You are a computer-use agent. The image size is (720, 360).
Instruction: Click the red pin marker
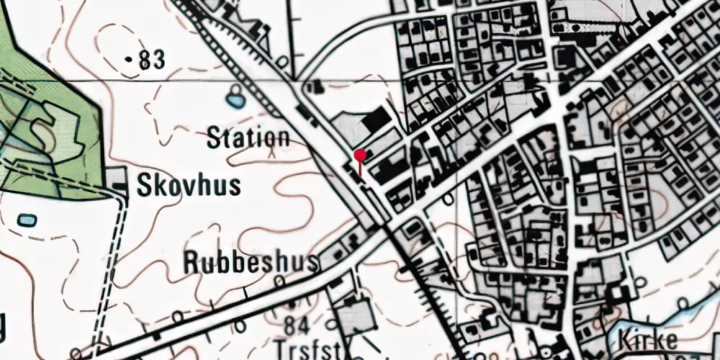point(360,155)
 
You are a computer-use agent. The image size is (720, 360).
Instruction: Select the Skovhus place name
point(189,186)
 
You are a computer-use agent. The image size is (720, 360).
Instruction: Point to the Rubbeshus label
point(251,263)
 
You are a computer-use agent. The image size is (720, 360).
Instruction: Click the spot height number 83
point(153,62)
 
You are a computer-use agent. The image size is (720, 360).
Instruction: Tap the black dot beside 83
point(129,61)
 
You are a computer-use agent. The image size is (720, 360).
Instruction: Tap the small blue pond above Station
point(235,96)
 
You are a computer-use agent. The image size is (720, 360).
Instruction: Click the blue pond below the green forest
point(26,218)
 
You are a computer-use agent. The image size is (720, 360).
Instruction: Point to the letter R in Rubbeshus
point(192,263)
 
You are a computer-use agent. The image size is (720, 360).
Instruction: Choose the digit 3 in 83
point(159,62)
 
